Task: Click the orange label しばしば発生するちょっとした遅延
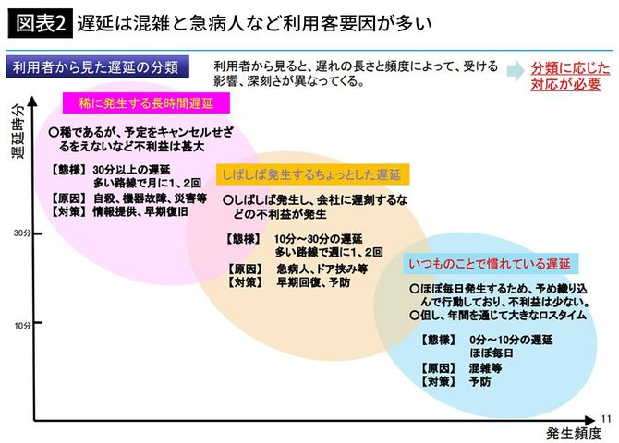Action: tap(312, 174)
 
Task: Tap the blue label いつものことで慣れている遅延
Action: tap(493, 264)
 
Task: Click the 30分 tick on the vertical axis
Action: tap(25, 233)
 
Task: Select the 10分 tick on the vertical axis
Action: tap(25, 325)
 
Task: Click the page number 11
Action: tap(606, 417)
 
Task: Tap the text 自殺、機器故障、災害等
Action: tap(150, 197)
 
